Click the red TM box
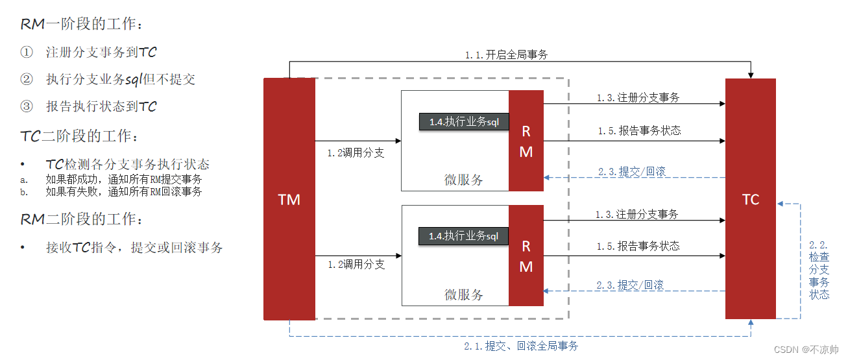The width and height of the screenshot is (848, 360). click(289, 199)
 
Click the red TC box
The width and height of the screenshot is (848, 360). click(750, 199)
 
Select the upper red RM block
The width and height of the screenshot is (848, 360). click(526, 141)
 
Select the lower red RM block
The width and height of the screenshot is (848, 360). click(526, 256)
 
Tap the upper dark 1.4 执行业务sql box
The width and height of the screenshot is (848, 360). click(464, 121)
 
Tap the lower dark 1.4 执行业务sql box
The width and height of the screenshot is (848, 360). click(464, 236)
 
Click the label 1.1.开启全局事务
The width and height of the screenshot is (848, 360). click(506, 55)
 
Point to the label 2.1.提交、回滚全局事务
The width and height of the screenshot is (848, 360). click(521, 346)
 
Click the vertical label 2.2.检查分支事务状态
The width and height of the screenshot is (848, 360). click(819, 270)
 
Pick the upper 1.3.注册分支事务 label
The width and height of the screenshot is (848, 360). click(638, 98)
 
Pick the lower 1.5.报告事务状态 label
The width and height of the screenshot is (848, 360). click(638, 246)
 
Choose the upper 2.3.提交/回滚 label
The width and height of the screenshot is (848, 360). click(631, 172)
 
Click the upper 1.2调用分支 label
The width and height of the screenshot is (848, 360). click(356, 153)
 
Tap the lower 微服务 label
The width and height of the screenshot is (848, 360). click(464, 294)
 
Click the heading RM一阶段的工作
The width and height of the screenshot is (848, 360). click(82, 24)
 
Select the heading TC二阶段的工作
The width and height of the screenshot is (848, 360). click(79, 136)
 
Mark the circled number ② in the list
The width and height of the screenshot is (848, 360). click(26, 79)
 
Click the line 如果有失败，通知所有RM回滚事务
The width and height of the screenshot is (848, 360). click(123, 192)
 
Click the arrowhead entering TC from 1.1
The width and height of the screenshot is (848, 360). click(751, 75)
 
